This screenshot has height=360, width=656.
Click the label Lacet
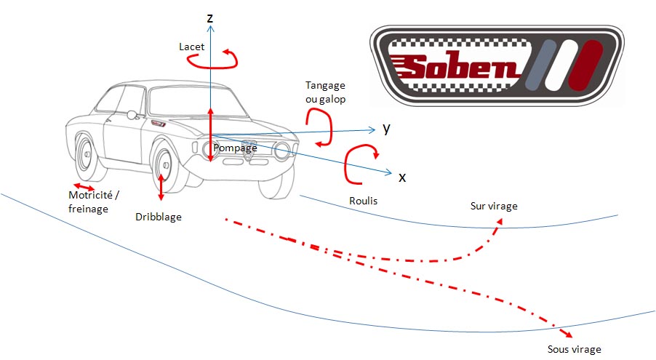[x=192, y=47]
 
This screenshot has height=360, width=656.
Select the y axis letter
[x=387, y=129]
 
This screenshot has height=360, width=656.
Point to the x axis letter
[x=401, y=176]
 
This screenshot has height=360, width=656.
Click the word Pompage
[x=236, y=148]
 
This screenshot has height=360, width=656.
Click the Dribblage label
[x=159, y=217]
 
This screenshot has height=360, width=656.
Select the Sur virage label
[x=495, y=206]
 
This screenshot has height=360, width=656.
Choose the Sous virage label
[x=575, y=349]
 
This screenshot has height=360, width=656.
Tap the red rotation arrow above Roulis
[x=361, y=164]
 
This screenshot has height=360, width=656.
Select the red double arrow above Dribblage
[x=161, y=188]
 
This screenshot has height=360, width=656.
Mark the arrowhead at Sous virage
[x=566, y=331]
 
